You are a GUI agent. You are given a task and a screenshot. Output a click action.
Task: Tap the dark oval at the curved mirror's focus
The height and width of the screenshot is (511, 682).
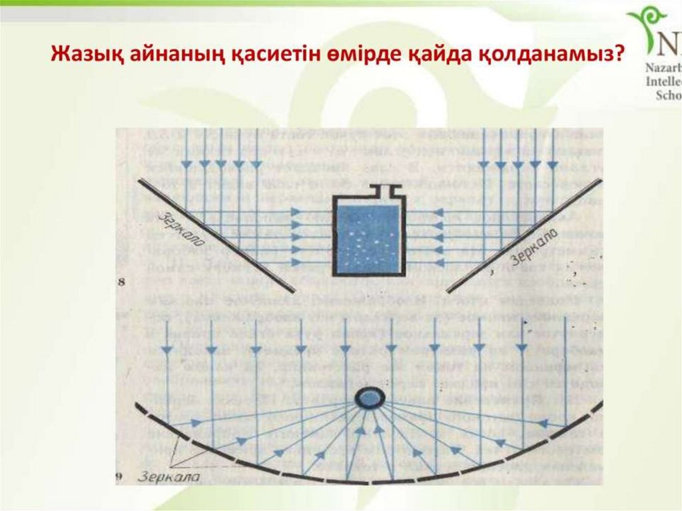[369, 398]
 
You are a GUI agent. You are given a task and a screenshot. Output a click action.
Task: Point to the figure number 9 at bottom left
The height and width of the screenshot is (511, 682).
[121, 476]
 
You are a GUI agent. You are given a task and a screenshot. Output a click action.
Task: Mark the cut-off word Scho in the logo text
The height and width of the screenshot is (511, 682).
[668, 95]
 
